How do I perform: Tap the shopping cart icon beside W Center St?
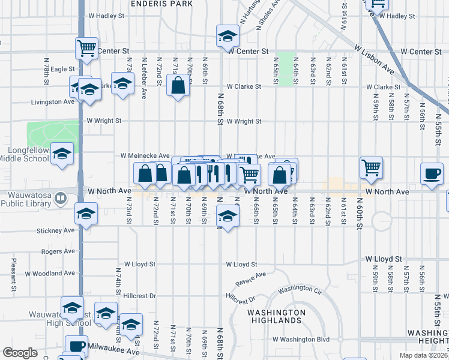tap(86, 47)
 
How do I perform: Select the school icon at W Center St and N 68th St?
tap(228, 37)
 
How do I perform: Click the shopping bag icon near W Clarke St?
tap(178, 85)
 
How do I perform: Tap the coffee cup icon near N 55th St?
tap(432, 173)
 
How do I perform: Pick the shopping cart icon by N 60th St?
tap(372, 168)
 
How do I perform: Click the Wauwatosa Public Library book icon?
tap(60, 197)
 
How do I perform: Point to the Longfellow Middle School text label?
tap(24, 155)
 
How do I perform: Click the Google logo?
tap(20, 353)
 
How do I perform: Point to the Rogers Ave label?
tap(58, 251)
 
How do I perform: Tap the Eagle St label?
tap(62, 70)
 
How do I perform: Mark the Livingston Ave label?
tap(52, 102)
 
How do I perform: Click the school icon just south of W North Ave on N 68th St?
tap(228, 215)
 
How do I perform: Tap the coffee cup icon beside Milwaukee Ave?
tap(76, 346)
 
